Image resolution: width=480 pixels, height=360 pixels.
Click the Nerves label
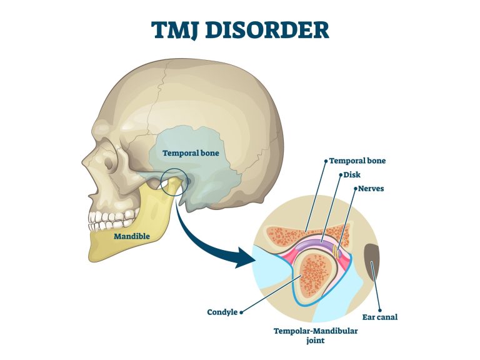click(x=371, y=188)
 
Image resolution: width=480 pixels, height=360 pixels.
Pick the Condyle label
click(x=222, y=312)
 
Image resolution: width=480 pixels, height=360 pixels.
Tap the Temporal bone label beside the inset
click(x=357, y=161)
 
